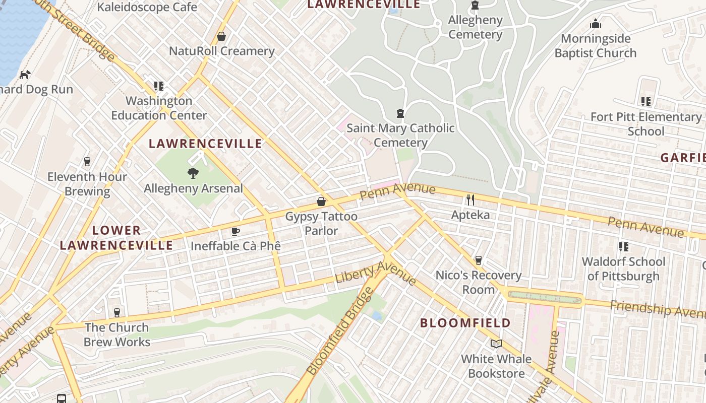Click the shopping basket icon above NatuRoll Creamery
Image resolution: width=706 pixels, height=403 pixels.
click(x=221, y=36)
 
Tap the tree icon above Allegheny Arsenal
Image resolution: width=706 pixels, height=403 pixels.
click(x=193, y=173)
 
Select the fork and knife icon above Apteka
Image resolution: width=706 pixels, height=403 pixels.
click(x=470, y=200)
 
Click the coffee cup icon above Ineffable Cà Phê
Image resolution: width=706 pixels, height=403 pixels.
click(x=235, y=231)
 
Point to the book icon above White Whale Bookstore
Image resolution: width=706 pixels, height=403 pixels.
click(x=496, y=344)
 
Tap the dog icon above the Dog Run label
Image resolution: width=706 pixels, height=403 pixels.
click(x=24, y=75)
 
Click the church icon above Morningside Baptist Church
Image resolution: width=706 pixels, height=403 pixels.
click(x=596, y=24)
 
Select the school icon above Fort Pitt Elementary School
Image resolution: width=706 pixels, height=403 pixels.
click(x=646, y=102)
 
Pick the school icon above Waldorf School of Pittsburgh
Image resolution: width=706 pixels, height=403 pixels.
click(x=624, y=247)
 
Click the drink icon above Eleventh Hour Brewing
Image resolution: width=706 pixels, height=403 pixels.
click(x=87, y=162)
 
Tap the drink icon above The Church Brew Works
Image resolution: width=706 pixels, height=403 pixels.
click(x=117, y=312)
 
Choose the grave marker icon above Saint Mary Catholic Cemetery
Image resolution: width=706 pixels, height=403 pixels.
click(x=400, y=113)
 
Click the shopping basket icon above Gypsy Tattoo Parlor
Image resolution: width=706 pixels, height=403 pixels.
click(x=321, y=201)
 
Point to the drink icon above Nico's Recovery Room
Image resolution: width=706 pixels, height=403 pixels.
click(x=479, y=260)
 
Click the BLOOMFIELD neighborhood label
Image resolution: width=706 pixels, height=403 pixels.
click(x=465, y=323)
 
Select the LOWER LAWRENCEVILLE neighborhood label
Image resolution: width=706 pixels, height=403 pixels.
click(x=116, y=238)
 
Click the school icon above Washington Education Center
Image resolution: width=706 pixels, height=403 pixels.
click(x=159, y=86)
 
